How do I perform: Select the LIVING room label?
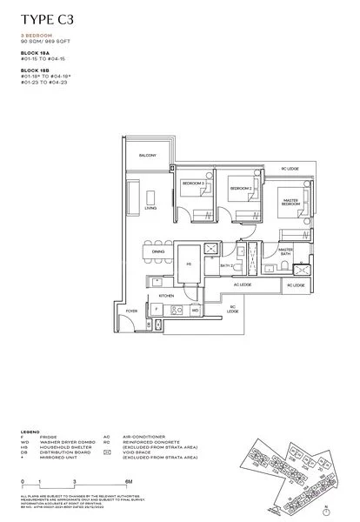click(x=150, y=209)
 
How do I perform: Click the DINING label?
click(x=158, y=251)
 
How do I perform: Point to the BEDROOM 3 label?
click(x=193, y=184)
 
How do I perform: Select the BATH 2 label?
click(x=225, y=265)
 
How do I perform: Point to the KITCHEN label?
click(x=167, y=296)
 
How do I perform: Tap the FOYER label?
click(x=132, y=310)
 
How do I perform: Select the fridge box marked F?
click(x=156, y=310)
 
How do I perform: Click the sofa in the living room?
click(x=134, y=196)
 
